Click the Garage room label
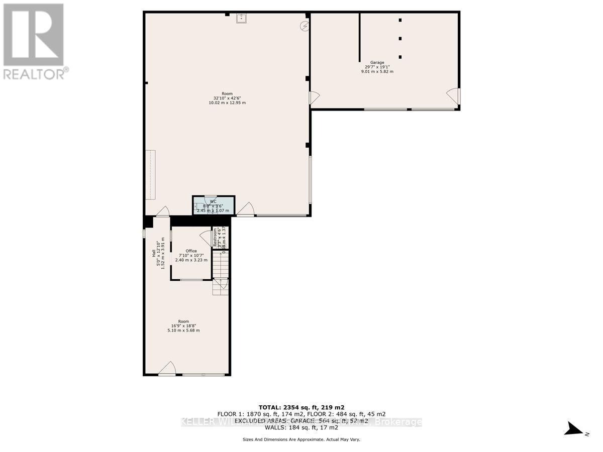(x=377, y=62)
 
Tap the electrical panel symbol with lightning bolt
(x=304, y=26)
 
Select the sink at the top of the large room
(x=241, y=19)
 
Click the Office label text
(x=191, y=251)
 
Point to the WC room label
(x=213, y=201)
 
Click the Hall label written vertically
(x=154, y=254)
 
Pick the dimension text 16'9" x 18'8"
(x=183, y=326)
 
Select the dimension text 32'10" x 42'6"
(x=227, y=98)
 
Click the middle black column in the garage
(x=400, y=38)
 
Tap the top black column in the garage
(x=400, y=20)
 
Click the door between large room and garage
(x=315, y=98)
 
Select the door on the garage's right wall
(x=453, y=95)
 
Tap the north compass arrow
(x=573, y=429)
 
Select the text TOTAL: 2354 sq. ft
(x=301, y=407)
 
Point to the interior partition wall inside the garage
(x=359, y=38)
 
